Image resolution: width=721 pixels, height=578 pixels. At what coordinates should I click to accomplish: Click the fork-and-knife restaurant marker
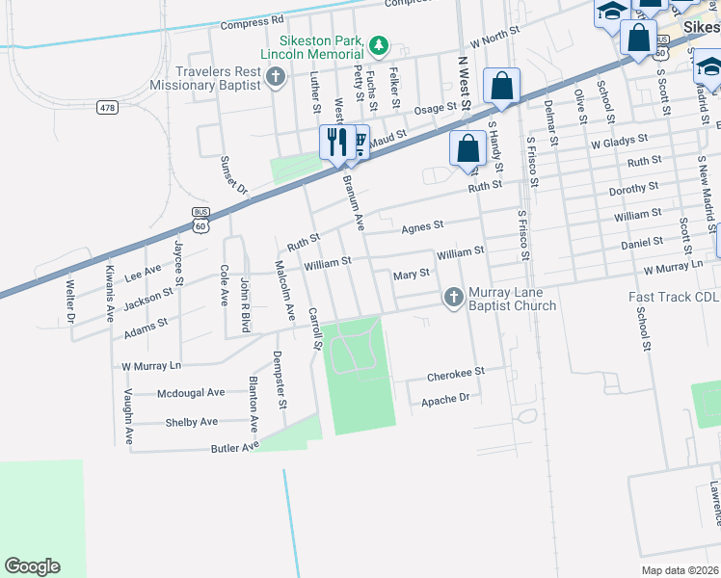coord(335,141)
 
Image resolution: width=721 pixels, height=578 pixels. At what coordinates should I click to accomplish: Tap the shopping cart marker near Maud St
coord(358,142)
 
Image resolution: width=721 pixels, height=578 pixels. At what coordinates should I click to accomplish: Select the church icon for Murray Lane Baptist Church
coord(453,298)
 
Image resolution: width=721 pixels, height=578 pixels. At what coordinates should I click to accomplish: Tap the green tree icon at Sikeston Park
coord(380,44)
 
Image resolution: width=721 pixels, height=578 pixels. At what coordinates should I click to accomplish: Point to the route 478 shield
coord(107,107)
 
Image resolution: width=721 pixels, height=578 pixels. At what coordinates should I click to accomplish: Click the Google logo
coord(32,566)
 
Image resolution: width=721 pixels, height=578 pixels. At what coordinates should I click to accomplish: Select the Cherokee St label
coord(453,370)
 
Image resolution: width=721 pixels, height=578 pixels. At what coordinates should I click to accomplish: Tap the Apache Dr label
coord(445,397)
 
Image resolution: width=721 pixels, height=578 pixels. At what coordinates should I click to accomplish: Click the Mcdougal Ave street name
coord(190,392)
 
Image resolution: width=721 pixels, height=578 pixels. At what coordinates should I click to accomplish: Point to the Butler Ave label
coord(235,447)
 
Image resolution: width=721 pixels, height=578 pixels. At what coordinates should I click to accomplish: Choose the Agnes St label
coord(422,226)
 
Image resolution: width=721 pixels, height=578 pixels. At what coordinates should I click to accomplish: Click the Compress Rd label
coord(252,20)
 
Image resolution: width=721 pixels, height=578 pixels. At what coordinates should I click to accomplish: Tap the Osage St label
coord(433,109)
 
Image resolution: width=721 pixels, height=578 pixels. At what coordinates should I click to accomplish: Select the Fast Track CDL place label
coord(674,298)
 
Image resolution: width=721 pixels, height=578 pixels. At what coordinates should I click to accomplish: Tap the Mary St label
coord(412,275)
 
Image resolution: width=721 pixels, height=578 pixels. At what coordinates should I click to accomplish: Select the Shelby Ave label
coord(192,422)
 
